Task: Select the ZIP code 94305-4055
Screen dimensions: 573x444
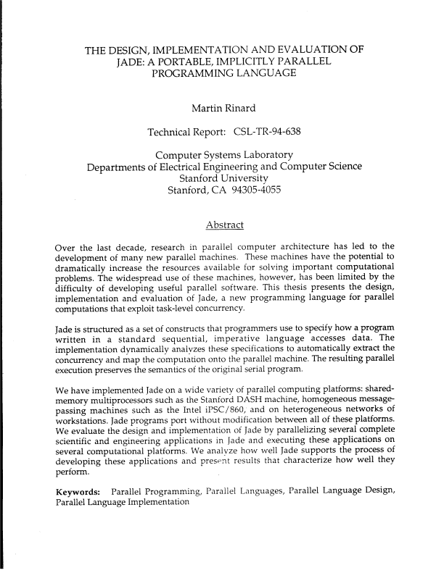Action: point(257,192)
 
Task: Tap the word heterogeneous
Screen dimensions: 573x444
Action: point(313,419)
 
